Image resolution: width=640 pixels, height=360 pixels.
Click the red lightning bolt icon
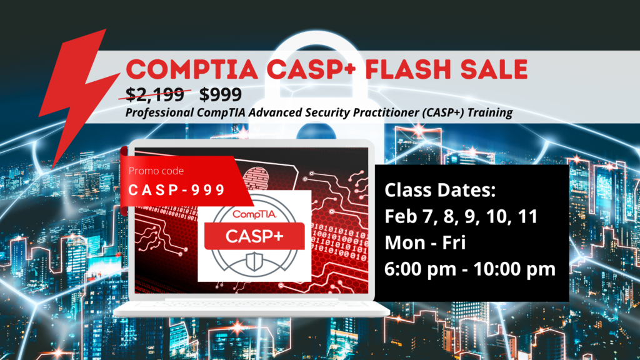77,94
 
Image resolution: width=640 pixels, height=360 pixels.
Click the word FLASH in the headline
409,69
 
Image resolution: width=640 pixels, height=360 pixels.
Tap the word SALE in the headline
494,69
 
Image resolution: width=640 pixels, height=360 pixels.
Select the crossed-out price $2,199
155,94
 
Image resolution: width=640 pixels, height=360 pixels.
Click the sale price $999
221,94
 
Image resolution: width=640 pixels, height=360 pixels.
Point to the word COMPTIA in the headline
192,69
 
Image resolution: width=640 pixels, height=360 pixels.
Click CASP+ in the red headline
311,69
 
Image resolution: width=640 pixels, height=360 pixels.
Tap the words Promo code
156,171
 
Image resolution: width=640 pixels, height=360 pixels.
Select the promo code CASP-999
177,190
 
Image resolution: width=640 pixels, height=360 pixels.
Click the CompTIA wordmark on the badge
255,214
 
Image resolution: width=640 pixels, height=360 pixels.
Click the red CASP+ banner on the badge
254,236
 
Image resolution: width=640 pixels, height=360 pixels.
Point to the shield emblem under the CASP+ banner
254,261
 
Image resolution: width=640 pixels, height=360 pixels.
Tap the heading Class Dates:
440,190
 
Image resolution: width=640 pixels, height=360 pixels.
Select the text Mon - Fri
425,242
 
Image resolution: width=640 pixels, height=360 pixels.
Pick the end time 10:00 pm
514,269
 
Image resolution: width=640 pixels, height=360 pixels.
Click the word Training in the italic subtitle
490,112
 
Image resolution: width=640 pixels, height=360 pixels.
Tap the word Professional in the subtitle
159,112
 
